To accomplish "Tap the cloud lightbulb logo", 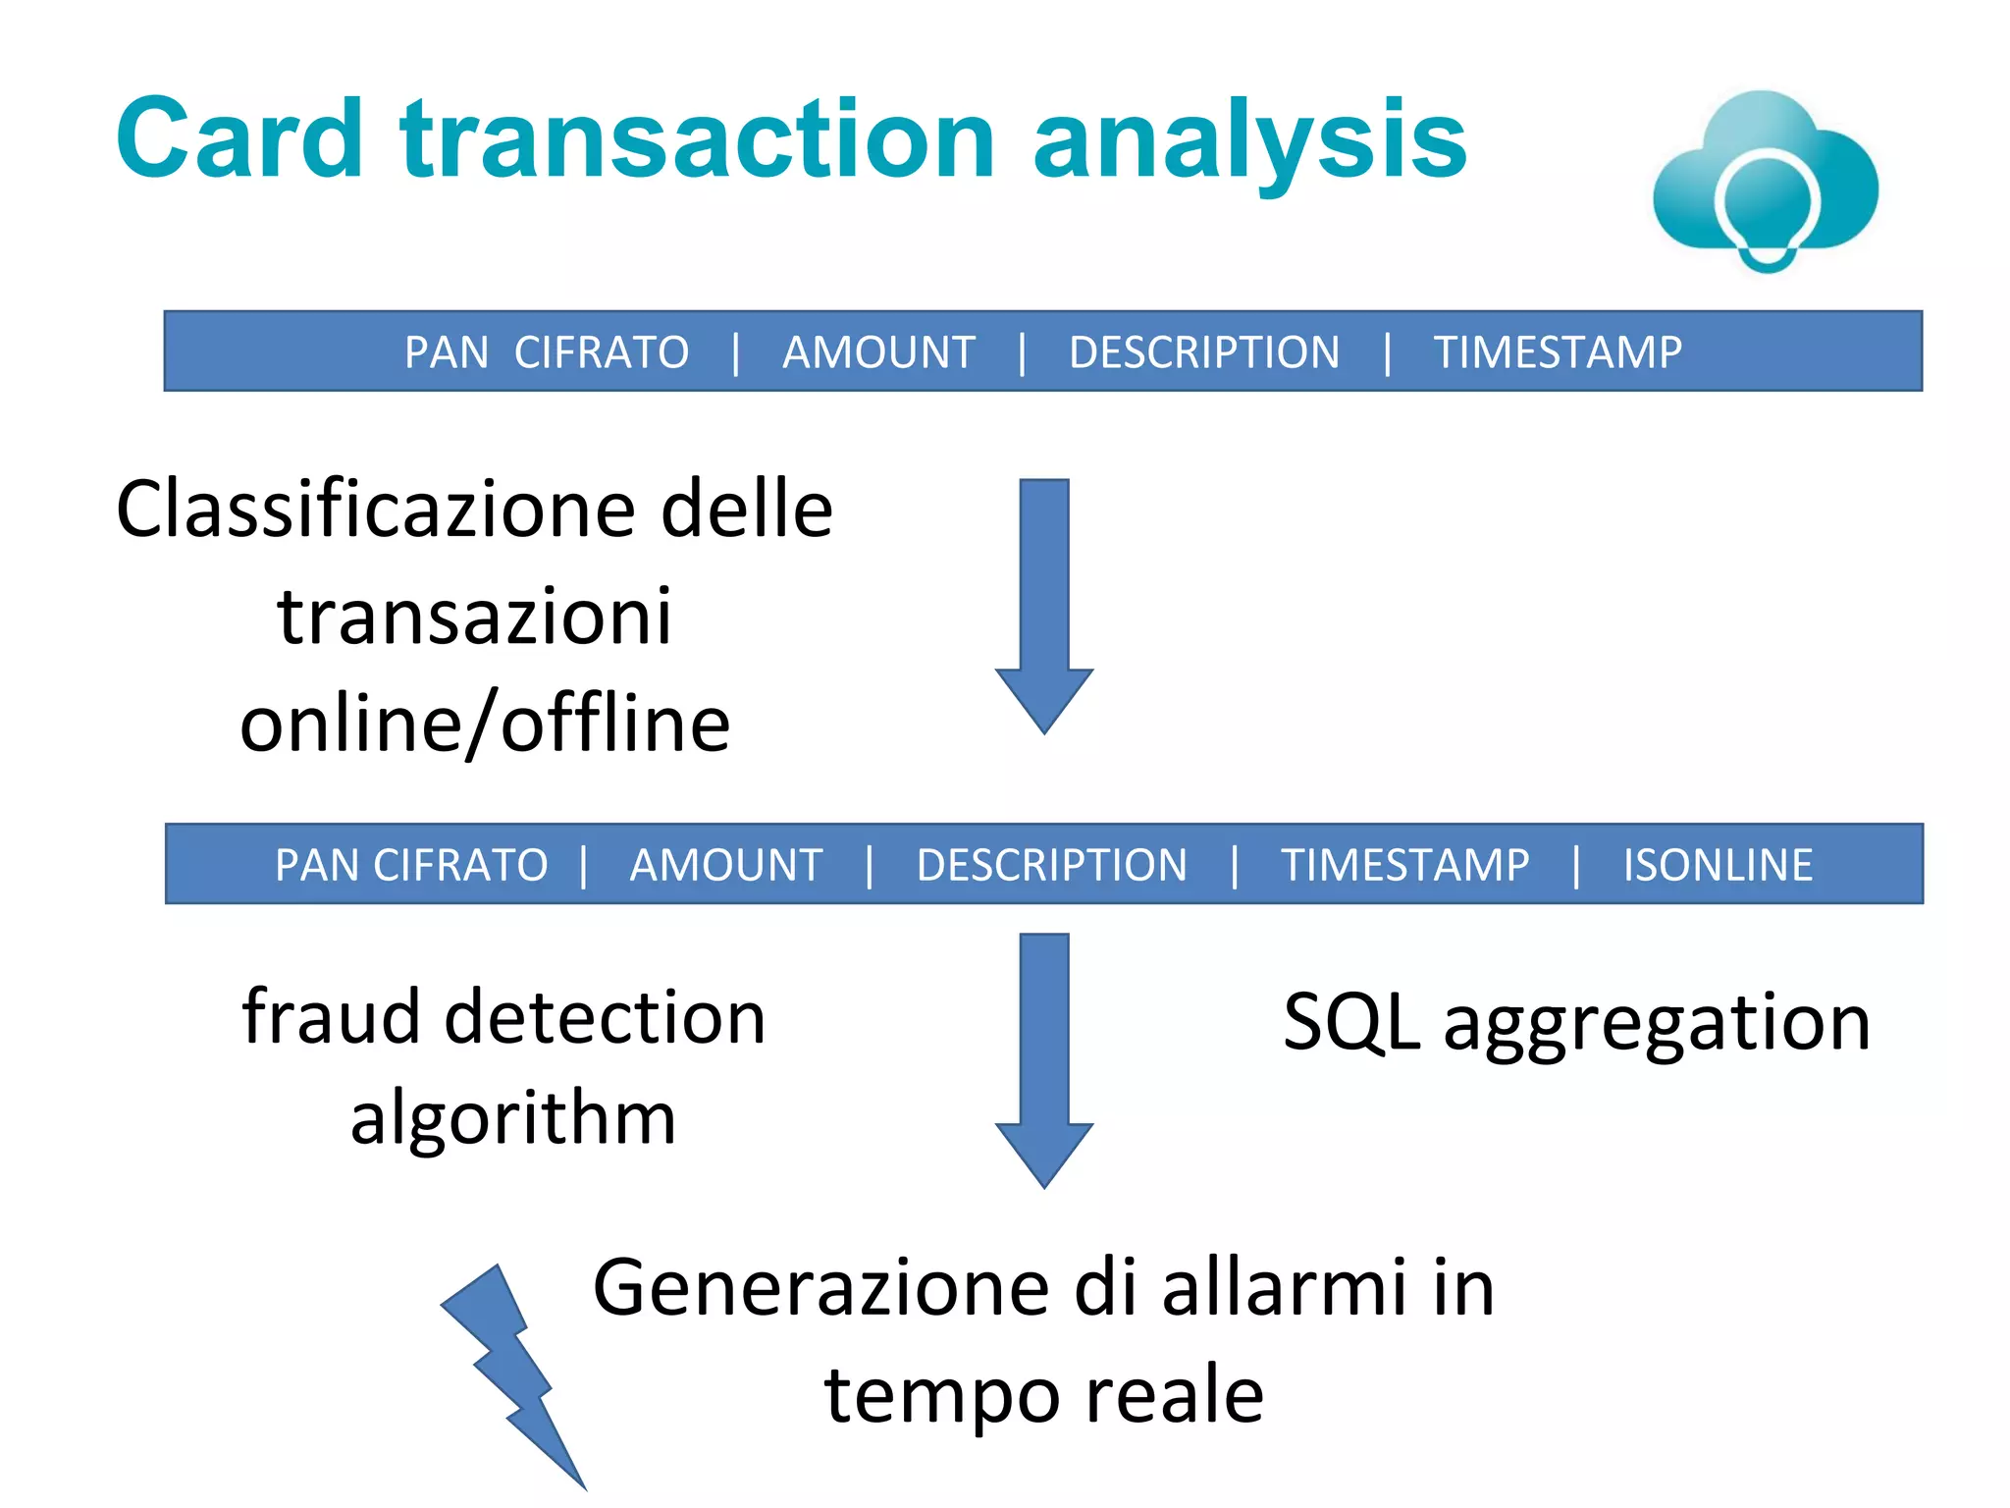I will pos(1765,182).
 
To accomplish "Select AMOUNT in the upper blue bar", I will pos(878,352).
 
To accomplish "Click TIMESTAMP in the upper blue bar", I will pos(1558,352).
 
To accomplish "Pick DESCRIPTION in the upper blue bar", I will pos(1204,352).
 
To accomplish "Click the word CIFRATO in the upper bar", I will pos(602,352).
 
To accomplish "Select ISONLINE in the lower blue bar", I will pos(1718,865).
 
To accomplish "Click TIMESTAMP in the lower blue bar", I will pos(1404,865).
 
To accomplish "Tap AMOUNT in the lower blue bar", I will pos(726,865).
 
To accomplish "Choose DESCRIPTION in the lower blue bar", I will pos(1051,865).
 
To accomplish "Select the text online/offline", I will pos(485,725).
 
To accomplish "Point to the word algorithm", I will pos(513,1119).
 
